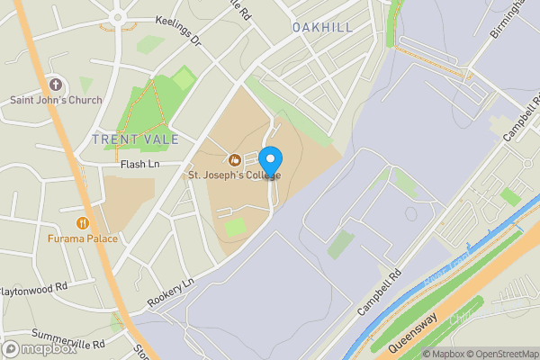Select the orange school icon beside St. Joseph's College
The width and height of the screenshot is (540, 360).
(234, 160)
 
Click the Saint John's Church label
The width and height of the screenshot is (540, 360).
(56, 99)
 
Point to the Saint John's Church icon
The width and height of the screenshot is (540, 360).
(56, 84)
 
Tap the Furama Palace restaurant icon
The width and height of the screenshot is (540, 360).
(83, 222)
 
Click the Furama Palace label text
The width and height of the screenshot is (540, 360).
(83, 239)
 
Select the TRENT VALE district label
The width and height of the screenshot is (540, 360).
(135, 139)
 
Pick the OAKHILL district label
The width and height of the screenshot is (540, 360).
(321, 28)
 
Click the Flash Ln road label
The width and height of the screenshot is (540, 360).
(139, 165)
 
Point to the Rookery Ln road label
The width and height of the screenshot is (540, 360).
(171, 295)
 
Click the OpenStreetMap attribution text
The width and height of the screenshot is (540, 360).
(498, 353)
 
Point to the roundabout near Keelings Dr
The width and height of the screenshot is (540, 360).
(117, 16)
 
